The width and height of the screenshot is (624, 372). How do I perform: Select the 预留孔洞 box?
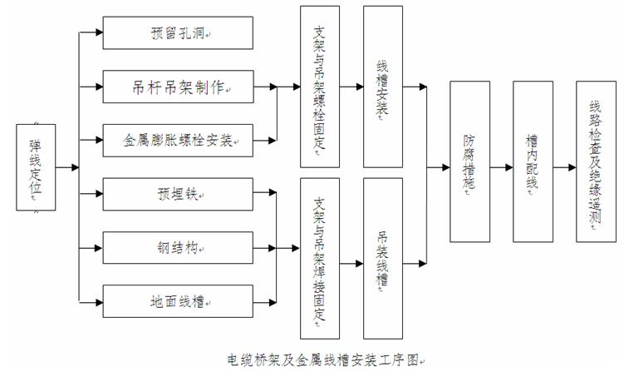pyautogui.click(x=177, y=33)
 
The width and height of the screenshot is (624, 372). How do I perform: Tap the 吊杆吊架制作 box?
pyautogui.click(x=177, y=86)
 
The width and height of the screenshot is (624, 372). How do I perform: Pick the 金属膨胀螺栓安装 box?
pyautogui.click(x=177, y=138)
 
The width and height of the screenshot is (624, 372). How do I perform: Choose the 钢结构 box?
pyautogui.click(x=177, y=247)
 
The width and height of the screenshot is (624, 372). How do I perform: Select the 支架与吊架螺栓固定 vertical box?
pyautogui.click(x=320, y=86)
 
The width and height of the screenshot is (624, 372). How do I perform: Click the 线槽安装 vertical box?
pyautogui.click(x=382, y=86)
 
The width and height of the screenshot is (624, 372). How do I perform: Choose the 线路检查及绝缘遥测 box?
pyautogui.click(x=593, y=167)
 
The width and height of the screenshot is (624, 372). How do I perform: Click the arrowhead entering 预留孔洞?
pyautogui.click(x=98, y=33)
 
